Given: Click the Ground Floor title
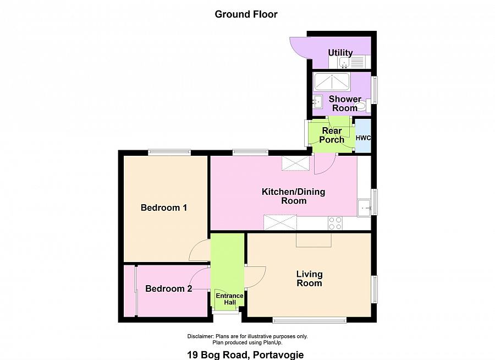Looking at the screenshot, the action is point(246,14).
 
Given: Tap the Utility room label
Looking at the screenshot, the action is point(340,52).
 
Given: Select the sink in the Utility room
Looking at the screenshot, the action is point(344,62).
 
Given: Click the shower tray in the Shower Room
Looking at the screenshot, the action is point(332,82).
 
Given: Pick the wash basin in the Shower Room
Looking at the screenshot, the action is point(317,102).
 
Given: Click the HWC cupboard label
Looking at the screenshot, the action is point(363,138).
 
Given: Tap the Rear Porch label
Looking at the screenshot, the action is point(332,135).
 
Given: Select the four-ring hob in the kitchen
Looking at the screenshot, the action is point(335,223).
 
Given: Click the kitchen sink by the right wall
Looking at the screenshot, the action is point(364,208).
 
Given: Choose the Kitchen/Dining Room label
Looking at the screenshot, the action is point(294,196).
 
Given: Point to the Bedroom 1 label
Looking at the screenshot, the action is point(164,208).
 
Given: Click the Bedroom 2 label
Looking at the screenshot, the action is point(169,288).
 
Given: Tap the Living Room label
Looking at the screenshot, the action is point(309,279).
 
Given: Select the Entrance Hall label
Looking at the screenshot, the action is point(229,299).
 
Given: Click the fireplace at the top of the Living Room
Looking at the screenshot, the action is point(313,240).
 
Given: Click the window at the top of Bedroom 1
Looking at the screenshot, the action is point(169,152).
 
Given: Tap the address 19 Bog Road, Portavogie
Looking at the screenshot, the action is point(246,355).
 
